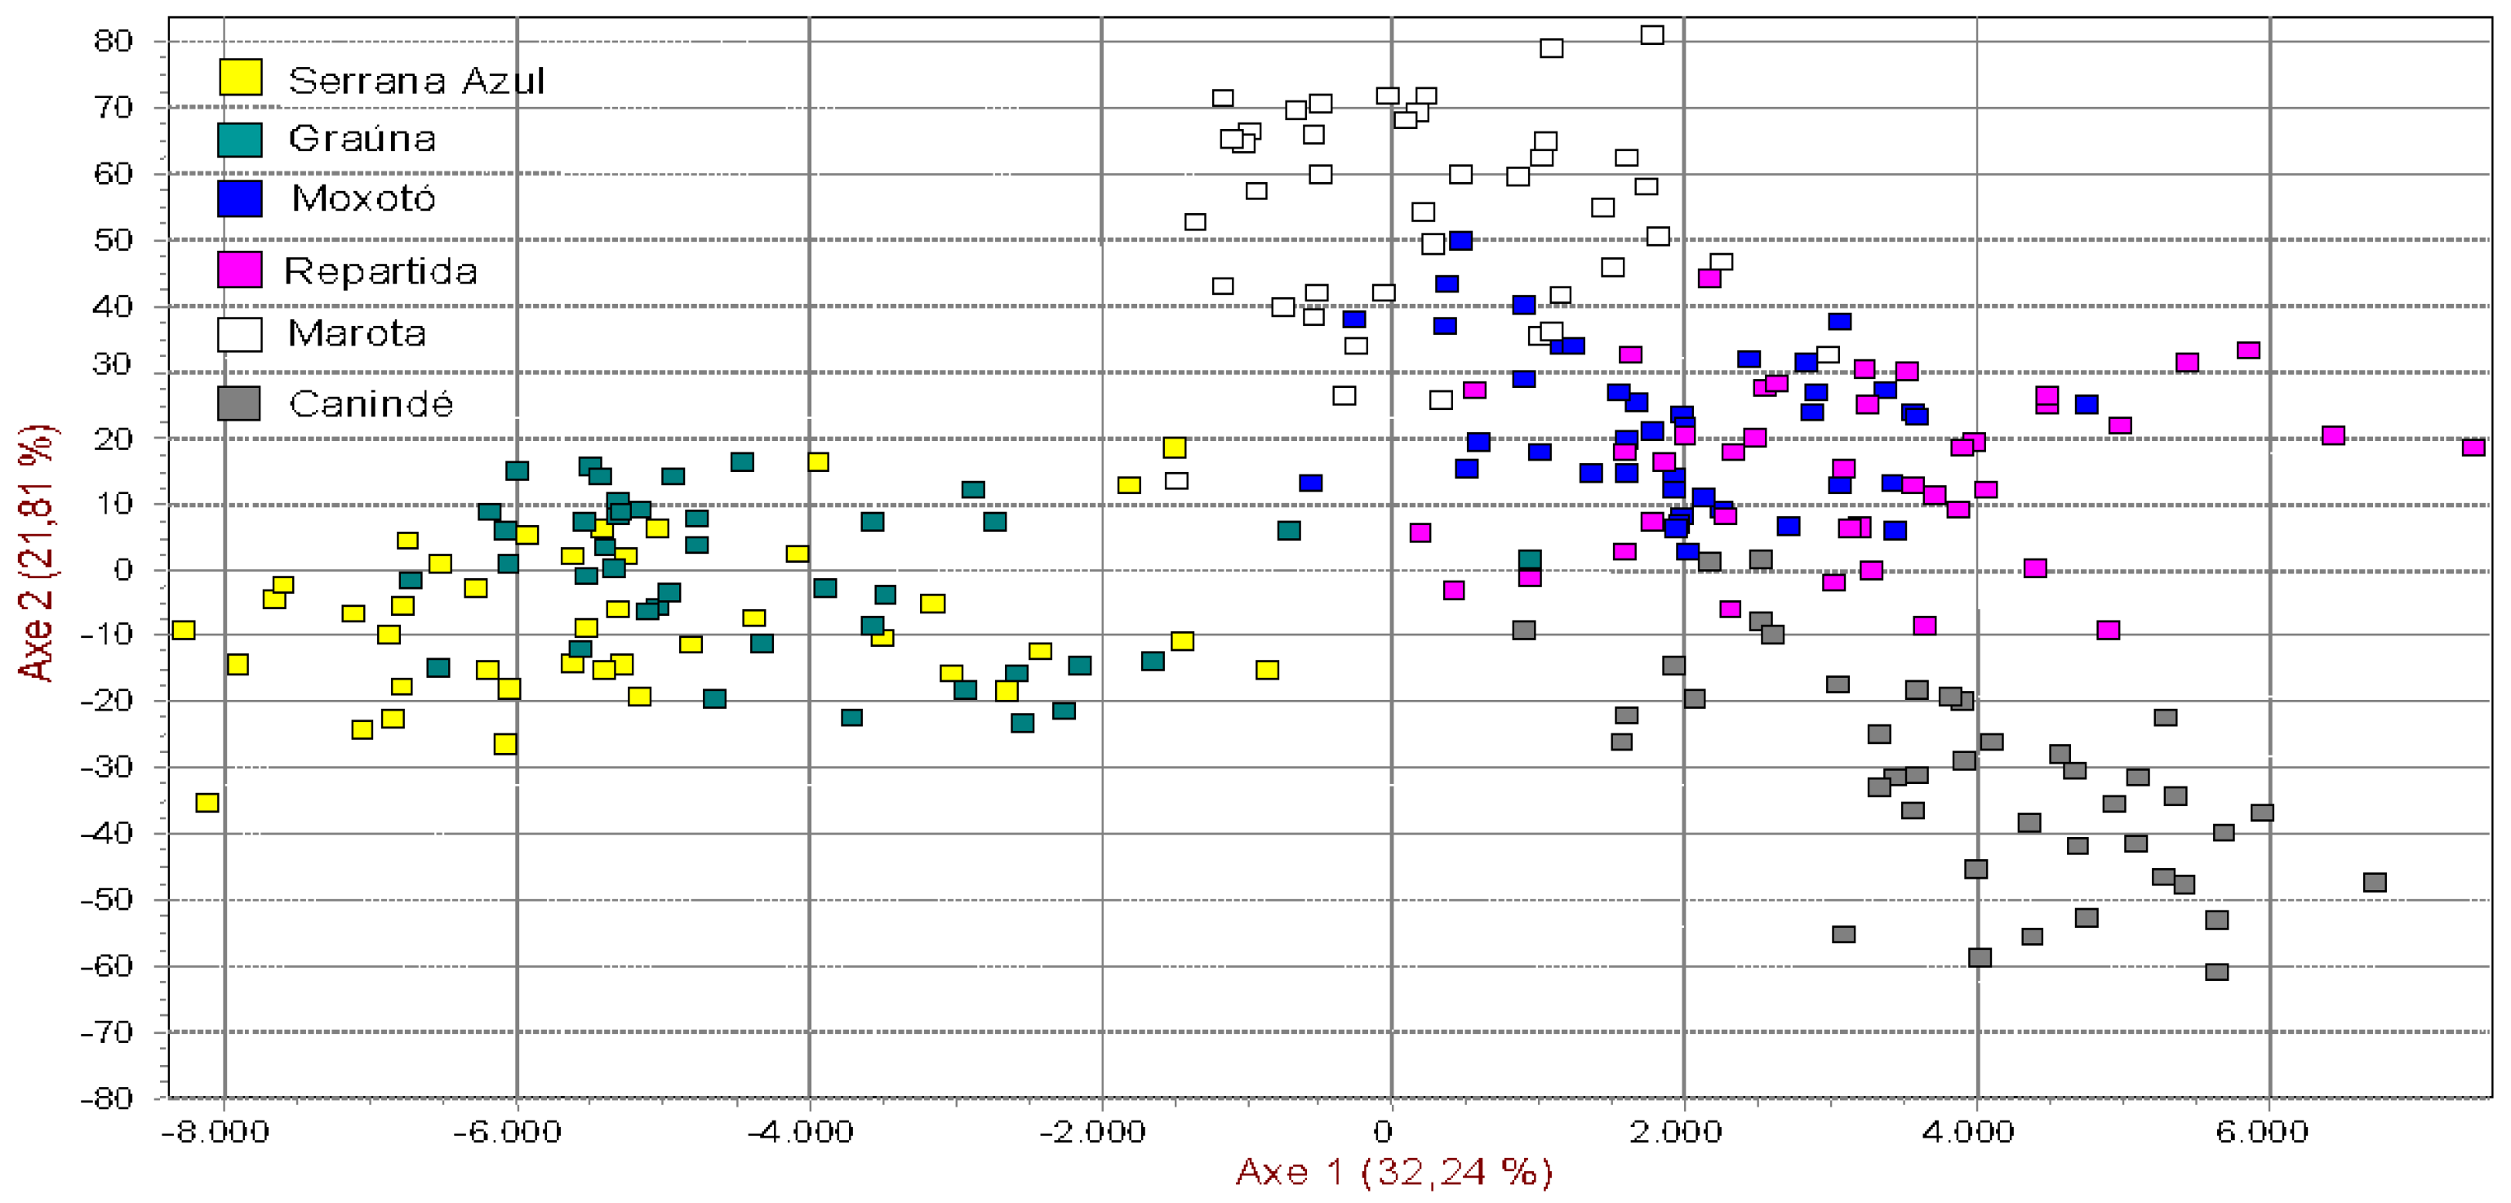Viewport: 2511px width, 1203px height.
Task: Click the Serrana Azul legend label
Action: [x=416, y=80]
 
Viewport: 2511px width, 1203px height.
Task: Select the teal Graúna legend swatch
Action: [x=240, y=140]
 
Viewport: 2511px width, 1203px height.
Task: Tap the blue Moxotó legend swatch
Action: [x=240, y=199]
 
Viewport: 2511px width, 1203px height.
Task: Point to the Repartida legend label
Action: [x=381, y=271]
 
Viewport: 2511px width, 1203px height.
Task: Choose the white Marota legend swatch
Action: [x=240, y=334]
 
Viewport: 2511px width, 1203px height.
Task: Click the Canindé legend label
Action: [x=371, y=403]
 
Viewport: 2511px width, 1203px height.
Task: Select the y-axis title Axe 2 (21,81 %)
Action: [x=37, y=552]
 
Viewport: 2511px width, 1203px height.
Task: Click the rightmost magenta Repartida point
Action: [x=2473, y=448]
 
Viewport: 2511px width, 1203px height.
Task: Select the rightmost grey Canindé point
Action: [x=2375, y=882]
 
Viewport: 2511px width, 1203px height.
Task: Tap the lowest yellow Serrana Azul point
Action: [x=207, y=802]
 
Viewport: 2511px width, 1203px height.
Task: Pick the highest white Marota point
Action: [x=1652, y=35]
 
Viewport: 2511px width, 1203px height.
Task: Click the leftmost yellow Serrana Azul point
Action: [x=183, y=630]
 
